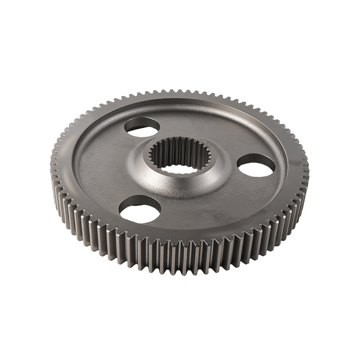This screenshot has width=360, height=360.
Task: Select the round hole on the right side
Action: click(255, 166)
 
